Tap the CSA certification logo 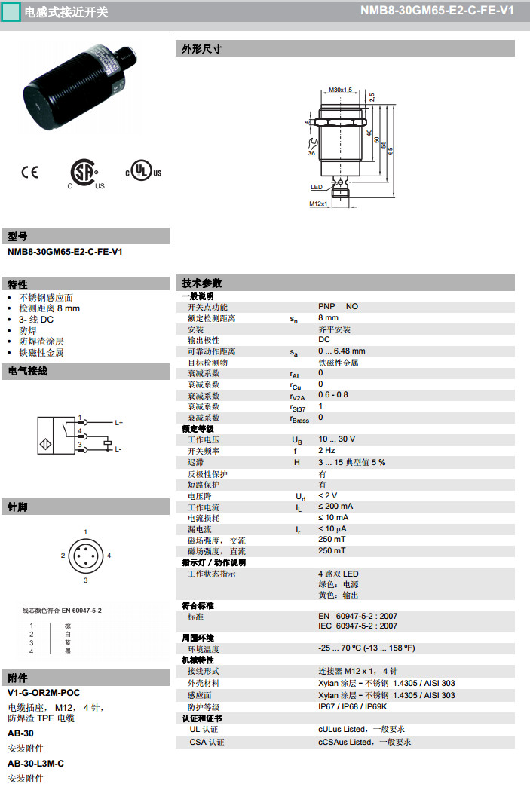pos(84,173)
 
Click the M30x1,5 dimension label pos(342,90)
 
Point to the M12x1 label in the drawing pos(318,204)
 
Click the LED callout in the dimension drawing pos(317,186)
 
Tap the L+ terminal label pos(118,422)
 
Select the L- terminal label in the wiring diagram pos(118,449)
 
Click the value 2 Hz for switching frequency pos(326,451)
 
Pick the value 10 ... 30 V pos(336,439)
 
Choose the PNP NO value pos(338,307)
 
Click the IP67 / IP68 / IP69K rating pos(352,707)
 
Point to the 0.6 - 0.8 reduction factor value pos(332,395)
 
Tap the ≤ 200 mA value pos(335,507)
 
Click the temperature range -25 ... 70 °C pos(366,648)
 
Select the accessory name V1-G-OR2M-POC pos(44,693)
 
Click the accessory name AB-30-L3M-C pos(35,764)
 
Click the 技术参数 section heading pos(202,283)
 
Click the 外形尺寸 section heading pos(202,49)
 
